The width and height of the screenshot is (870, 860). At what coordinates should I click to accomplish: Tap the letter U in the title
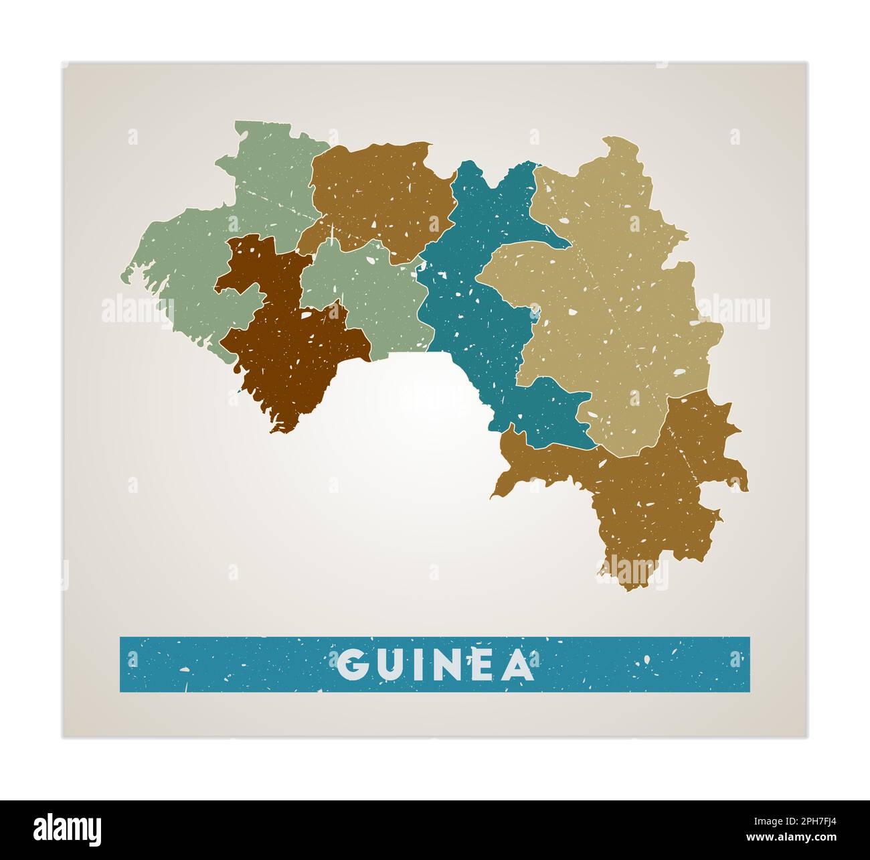point(390,664)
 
